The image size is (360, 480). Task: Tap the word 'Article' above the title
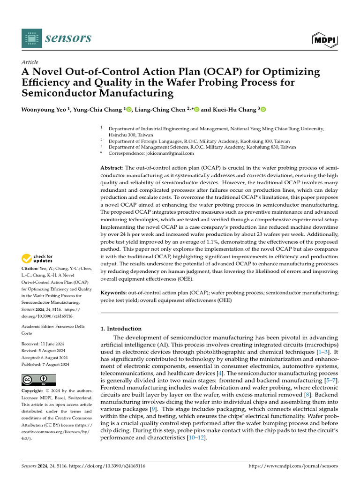[30, 62]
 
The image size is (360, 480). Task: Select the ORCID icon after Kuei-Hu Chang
[263, 110]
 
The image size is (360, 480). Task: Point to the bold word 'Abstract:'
[112, 168]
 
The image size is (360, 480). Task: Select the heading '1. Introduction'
[121, 329]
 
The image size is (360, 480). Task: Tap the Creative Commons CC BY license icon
[38, 379]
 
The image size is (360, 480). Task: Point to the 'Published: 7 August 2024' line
[45, 364]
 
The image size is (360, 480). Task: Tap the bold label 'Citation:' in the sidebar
[30, 269]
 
